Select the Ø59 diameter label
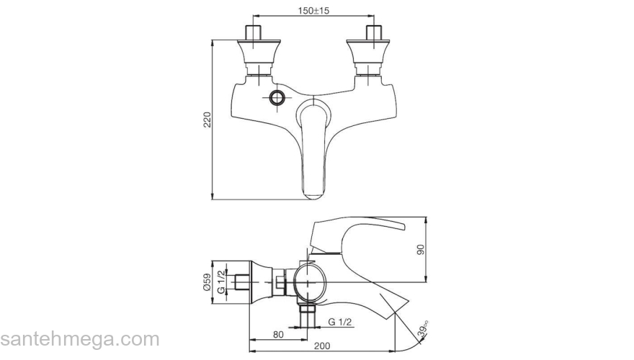pyautogui.click(x=207, y=282)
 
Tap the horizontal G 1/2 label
pyautogui.click(x=340, y=321)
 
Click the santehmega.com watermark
pyautogui.click(x=79, y=339)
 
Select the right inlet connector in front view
pyautogui.click(x=373, y=50)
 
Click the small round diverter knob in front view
pyautogui.click(x=277, y=98)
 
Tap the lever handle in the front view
pyautogui.click(x=312, y=144)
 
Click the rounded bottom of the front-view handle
pyautogui.click(x=313, y=192)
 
